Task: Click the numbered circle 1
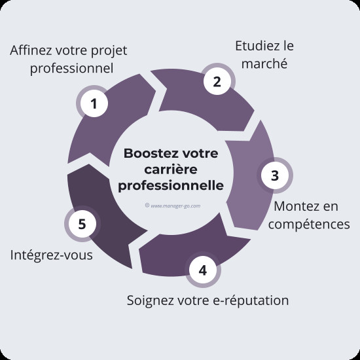tap(94, 103)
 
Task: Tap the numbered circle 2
tap(217, 81)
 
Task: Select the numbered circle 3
tap(275, 175)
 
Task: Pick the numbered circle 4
tap(203, 270)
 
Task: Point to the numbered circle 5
tap(82, 224)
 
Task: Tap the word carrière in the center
tap(171, 170)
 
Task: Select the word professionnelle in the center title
tap(171, 186)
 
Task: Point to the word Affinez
tap(31, 50)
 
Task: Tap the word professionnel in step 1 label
tap(71, 69)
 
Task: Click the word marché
tap(264, 63)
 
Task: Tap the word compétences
tap(309, 225)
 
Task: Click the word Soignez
tap(150, 301)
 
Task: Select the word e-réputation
tap(251, 301)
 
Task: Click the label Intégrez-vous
tap(52, 255)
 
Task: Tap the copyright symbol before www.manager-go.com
tap(147, 205)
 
